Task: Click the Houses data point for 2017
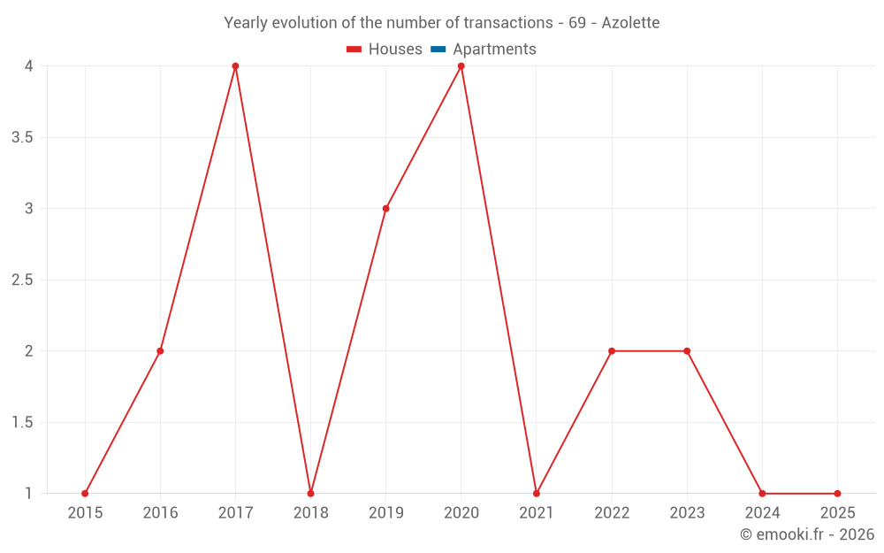point(235,66)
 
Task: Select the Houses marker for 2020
point(461,66)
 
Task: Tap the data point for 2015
point(85,494)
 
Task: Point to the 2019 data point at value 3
point(386,209)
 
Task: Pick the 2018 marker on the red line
point(310,494)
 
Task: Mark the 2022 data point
point(612,351)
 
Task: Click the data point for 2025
point(837,494)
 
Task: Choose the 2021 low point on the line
point(537,494)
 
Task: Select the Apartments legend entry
point(494,50)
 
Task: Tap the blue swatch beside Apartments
point(438,50)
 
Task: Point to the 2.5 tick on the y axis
point(23,280)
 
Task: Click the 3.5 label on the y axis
point(23,138)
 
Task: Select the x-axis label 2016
point(160,513)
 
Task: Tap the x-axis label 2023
point(687,513)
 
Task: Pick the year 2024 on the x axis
point(762,513)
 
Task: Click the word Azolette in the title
point(630,23)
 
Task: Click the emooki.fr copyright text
point(807,534)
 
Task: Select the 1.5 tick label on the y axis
point(23,423)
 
